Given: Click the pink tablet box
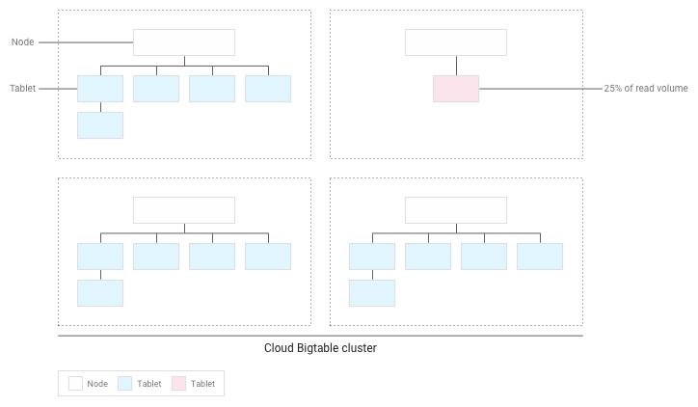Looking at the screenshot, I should (456, 89).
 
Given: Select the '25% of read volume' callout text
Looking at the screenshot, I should (646, 89).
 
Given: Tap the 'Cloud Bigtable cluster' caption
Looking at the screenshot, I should (320, 348).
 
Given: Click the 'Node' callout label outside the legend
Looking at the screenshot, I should (23, 42).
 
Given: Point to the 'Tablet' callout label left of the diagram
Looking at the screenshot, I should (23, 89).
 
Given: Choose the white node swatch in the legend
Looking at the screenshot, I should (75, 384).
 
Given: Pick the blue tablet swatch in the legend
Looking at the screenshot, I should (125, 384).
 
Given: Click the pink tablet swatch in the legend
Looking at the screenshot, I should (179, 384).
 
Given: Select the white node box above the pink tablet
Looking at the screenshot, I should (456, 42).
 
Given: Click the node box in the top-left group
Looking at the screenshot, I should (184, 42).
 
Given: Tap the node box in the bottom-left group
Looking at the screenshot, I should (184, 210).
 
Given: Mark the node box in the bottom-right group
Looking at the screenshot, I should (456, 210).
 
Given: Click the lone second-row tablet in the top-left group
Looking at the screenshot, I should (100, 125).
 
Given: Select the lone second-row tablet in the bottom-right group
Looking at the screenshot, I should (372, 292).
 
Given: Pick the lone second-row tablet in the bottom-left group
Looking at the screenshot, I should (100, 292).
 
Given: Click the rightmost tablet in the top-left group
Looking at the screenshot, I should (268, 89).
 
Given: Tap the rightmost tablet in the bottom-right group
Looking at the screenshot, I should (540, 256).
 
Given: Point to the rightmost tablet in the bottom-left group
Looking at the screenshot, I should (268, 256).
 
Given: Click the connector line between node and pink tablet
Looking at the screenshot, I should (456, 66).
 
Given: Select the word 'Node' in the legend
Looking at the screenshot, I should (97, 384).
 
